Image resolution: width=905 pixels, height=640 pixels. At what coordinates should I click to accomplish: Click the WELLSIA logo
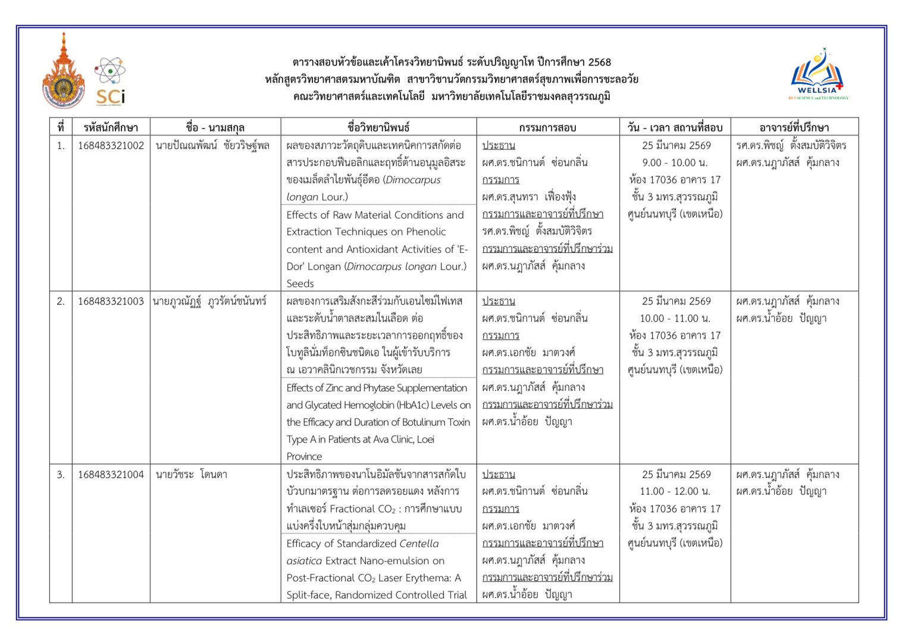click(x=818, y=75)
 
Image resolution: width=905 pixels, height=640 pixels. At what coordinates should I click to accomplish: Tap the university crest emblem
click(x=64, y=73)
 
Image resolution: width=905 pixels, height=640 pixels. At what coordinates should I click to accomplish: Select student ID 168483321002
click(x=111, y=146)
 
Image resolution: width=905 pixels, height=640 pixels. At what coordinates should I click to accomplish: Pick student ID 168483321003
click(x=111, y=302)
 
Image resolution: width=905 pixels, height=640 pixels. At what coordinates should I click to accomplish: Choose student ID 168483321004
click(x=111, y=475)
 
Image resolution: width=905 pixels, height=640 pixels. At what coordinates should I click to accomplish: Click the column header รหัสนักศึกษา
click(x=111, y=127)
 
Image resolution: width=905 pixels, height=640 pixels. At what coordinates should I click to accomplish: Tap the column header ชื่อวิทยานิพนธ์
click(x=378, y=127)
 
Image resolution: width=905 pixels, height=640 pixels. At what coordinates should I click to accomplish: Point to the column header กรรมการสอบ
click(x=547, y=127)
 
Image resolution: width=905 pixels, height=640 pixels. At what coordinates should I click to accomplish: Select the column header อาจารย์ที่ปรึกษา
click(x=794, y=127)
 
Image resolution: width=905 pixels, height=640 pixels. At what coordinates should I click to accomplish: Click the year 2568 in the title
click(x=599, y=62)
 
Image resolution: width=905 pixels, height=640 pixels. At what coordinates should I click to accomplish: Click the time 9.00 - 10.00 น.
click(x=676, y=162)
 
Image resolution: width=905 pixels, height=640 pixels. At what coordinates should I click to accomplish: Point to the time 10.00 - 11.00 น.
click(x=676, y=318)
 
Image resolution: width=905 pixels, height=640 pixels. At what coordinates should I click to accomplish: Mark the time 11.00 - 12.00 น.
click(x=676, y=491)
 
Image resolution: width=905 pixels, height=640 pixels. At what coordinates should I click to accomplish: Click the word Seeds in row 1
click(x=300, y=284)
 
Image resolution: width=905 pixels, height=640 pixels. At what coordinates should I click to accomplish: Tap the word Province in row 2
click(x=304, y=457)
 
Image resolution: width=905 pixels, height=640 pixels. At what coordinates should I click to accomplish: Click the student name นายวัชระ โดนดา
click(x=191, y=475)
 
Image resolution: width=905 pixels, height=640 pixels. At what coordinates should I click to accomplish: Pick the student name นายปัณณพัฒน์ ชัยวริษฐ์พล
click(x=212, y=146)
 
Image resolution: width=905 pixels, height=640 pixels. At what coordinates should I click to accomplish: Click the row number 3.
click(x=61, y=475)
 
